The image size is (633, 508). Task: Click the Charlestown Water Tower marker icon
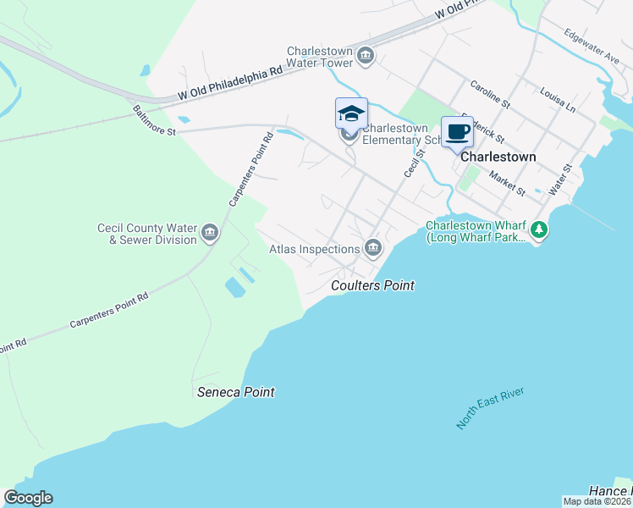coord(366,57)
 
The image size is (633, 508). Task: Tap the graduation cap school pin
coord(351,113)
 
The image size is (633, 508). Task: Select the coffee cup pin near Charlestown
coord(457,132)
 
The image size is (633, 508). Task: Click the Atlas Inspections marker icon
coord(373,248)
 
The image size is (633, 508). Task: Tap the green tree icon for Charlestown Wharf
coord(538,229)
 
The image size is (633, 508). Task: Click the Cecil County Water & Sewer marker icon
coord(210,231)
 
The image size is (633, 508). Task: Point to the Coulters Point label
coord(372,285)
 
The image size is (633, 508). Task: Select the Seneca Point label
coord(236,392)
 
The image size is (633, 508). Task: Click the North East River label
coord(490,408)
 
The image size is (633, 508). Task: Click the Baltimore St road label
coord(153,120)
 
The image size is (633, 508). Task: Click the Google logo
coord(28,498)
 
